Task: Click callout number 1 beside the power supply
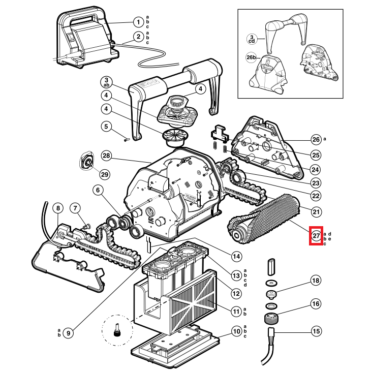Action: (138, 22)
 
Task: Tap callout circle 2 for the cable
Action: (138, 37)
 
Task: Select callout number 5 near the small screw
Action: (106, 127)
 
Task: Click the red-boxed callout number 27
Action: (316, 236)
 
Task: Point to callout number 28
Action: (107, 156)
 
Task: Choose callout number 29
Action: (105, 175)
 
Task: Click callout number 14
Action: (236, 257)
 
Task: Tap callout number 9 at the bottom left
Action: (69, 333)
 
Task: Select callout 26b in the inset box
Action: (251, 57)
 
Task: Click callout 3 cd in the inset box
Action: (252, 39)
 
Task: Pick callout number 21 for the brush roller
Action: (316, 211)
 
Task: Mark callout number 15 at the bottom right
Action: (316, 331)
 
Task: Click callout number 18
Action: (316, 281)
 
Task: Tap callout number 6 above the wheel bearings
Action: (98, 190)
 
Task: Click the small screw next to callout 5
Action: (127, 140)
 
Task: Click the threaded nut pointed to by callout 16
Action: (271, 318)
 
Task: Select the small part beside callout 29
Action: (86, 160)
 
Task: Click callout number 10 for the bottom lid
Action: (236, 331)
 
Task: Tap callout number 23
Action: (316, 183)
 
